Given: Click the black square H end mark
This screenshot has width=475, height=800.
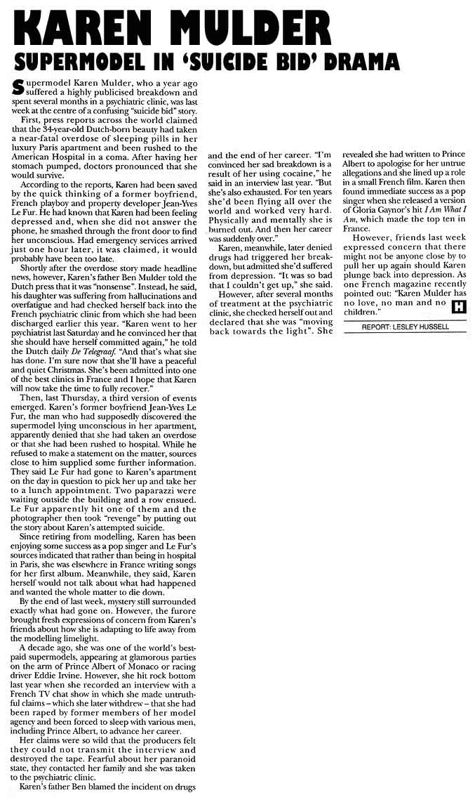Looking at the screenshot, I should click(458, 306).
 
